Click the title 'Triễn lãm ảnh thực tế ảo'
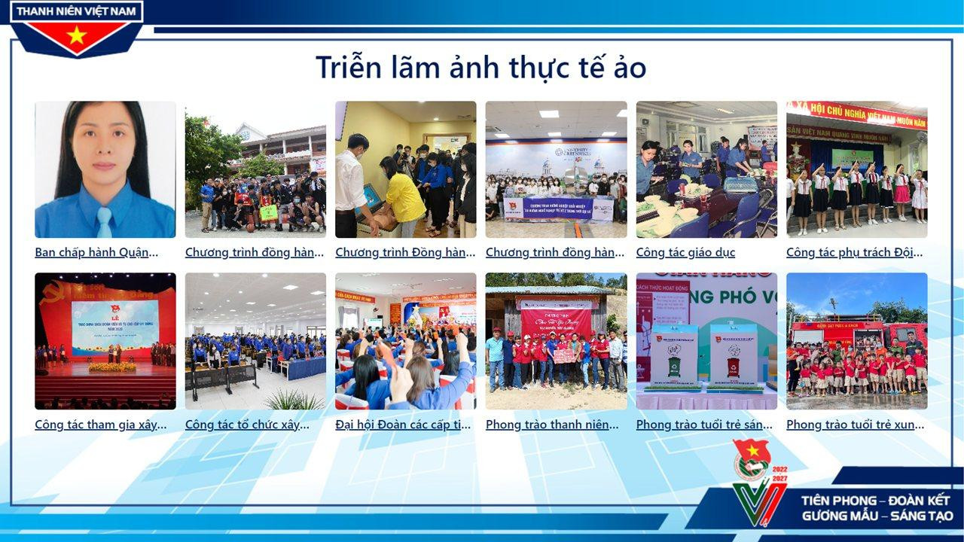pyautogui.click(x=480, y=68)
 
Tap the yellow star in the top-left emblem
pyautogui.click(x=76, y=35)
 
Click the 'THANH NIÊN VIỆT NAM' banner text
pyautogui.click(x=76, y=12)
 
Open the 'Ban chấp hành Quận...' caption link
pyautogui.click(x=96, y=252)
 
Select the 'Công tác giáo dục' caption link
pyautogui.click(x=685, y=252)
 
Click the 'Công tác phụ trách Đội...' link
pyautogui.click(x=855, y=252)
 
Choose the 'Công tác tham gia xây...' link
pyautogui.click(x=101, y=425)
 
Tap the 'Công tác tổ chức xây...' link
pyautogui.click(x=247, y=425)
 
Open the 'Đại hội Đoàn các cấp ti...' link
pyautogui.click(x=403, y=425)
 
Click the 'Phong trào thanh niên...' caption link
pyautogui.click(x=552, y=425)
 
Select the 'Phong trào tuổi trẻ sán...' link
pyautogui.click(x=704, y=425)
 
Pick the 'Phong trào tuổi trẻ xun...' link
pyautogui.click(x=855, y=425)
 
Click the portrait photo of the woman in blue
pyautogui.click(x=105, y=169)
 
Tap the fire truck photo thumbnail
pyautogui.click(x=856, y=341)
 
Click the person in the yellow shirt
pyautogui.click(x=404, y=197)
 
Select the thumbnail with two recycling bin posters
pyautogui.click(x=706, y=341)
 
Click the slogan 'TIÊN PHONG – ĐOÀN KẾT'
pyautogui.click(x=876, y=501)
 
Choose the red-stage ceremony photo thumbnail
pyautogui.click(x=105, y=341)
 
